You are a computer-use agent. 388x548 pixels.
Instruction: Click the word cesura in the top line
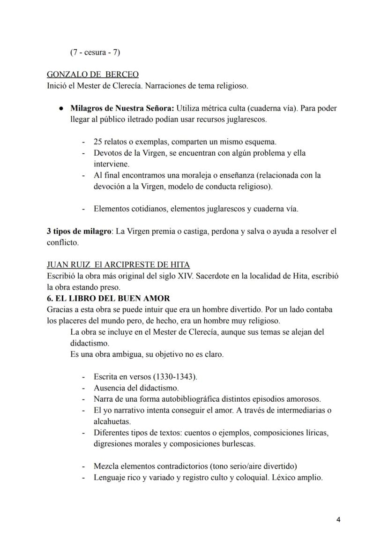93,53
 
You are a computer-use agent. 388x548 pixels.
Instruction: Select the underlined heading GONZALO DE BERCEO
93,75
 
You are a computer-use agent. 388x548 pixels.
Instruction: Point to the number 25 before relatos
98,142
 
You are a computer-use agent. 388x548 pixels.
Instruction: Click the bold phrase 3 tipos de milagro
78,231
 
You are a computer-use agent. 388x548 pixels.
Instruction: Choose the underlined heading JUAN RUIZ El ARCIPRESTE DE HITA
118,265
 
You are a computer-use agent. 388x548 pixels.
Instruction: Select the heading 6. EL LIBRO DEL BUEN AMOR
108,298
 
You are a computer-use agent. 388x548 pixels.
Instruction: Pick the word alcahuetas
112,421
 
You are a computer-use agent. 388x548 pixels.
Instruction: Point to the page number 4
339,520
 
